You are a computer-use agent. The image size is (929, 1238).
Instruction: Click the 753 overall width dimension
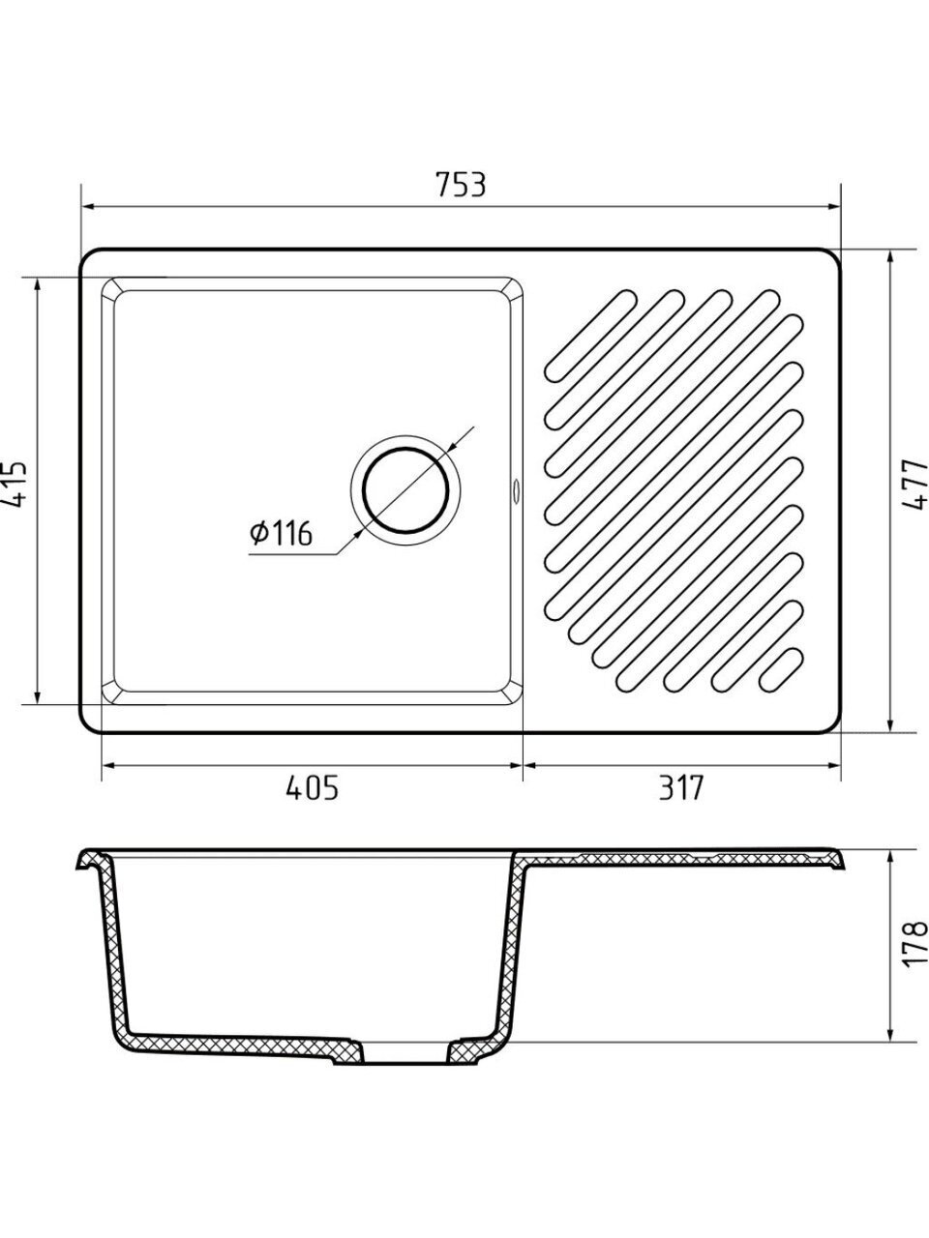coord(461,185)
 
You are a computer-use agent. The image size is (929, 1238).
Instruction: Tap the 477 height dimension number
coord(914,486)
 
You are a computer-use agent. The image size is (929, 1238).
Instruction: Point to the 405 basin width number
coord(312,787)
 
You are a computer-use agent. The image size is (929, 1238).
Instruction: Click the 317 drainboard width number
coord(682,787)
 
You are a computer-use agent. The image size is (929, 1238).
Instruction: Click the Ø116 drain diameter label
coord(281,533)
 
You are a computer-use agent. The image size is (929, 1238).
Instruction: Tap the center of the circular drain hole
coord(406,489)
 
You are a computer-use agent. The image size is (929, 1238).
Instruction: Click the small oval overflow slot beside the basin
coord(515,489)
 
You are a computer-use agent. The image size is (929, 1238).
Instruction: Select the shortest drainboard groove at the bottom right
coord(781,669)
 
